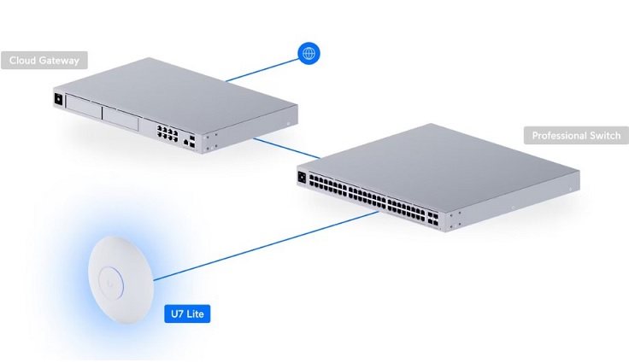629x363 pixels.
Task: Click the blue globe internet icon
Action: pos(309,53)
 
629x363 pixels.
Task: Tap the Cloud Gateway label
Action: pos(44,60)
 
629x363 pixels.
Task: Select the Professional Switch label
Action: pos(576,135)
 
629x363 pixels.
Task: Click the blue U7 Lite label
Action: pos(187,313)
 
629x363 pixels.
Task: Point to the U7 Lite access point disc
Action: pos(121,279)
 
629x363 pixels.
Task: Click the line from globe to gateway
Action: pos(262,70)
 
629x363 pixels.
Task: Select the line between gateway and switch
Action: pos(287,148)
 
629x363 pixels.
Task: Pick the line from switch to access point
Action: pos(266,246)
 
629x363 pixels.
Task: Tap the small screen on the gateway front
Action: pos(58,99)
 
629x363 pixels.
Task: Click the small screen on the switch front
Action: pos(302,177)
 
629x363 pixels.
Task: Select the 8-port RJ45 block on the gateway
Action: pos(168,133)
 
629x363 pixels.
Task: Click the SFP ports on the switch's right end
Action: pos(432,218)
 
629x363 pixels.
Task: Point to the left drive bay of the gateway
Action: pos(84,106)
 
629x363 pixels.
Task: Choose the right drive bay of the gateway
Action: pos(121,118)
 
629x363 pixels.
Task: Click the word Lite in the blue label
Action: pos(195,313)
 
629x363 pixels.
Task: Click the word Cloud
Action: pos(22,60)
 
